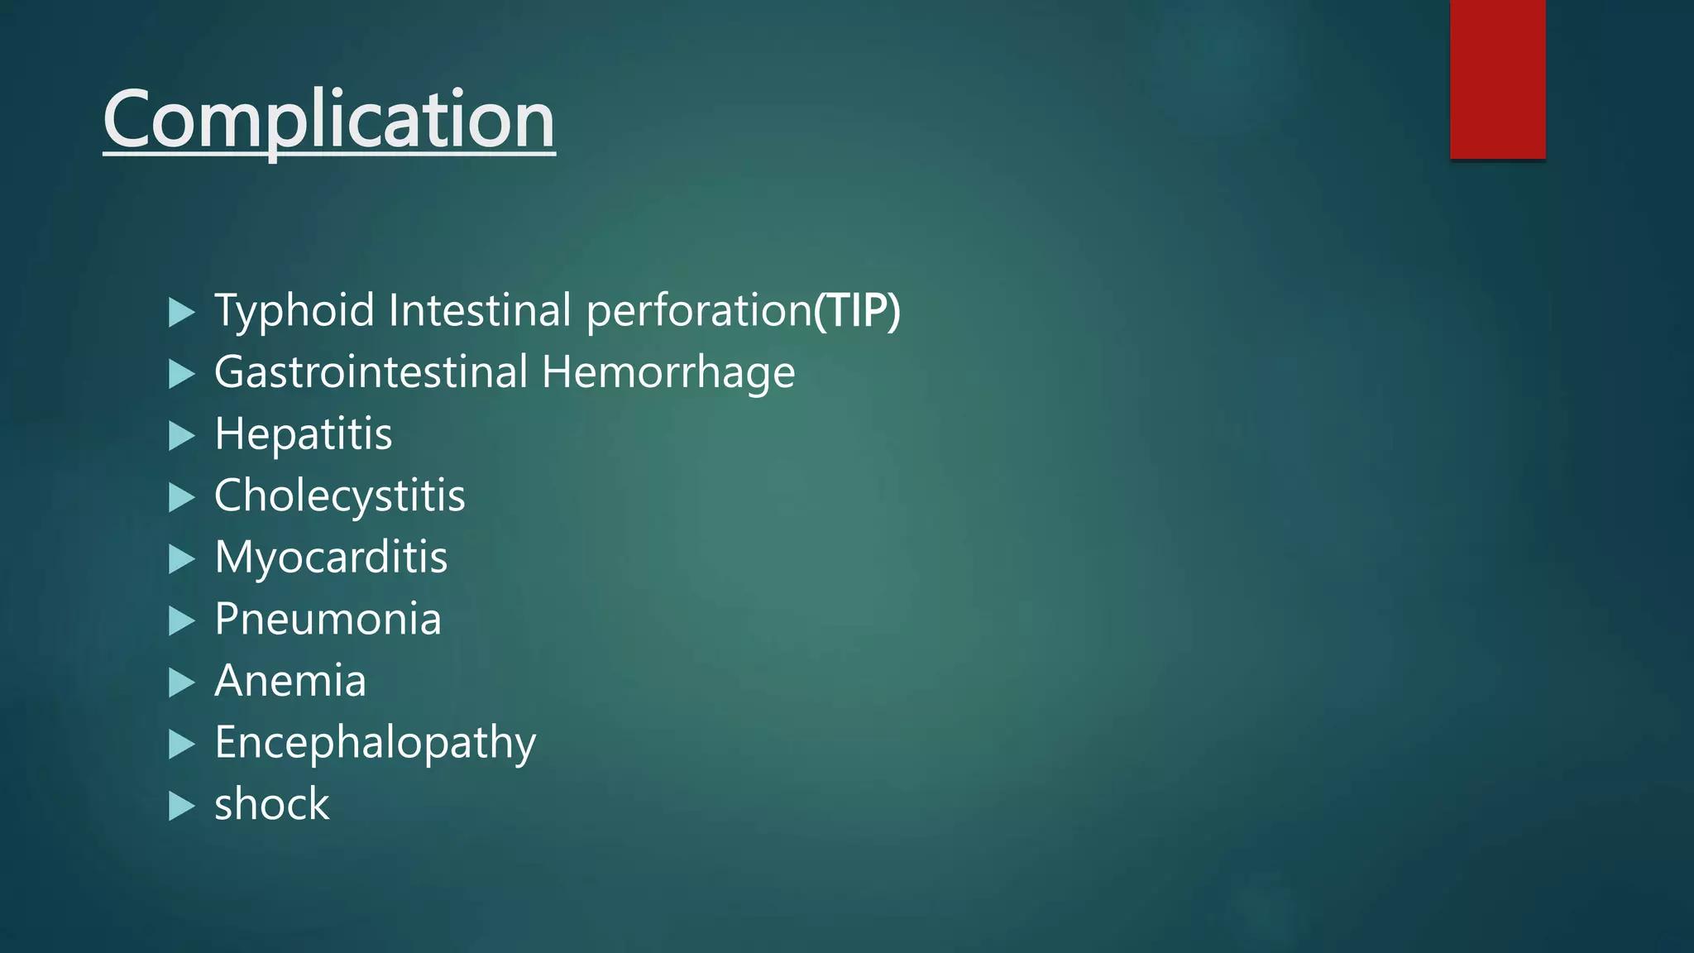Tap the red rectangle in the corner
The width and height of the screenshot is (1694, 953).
coord(1497,79)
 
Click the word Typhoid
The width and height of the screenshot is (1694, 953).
coord(294,310)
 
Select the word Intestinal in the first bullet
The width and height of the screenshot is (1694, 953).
coord(480,310)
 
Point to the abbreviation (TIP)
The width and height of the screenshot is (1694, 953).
coord(857,310)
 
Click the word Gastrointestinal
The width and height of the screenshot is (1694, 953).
coord(371,371)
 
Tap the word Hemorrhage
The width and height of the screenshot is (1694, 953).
coord(668,372)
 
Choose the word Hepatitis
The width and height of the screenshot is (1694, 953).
coord(304,433)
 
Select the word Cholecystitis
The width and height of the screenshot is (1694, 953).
coord(339,496)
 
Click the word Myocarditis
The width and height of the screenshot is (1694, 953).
coord(331,557)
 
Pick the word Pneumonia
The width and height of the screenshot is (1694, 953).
coord(328,619)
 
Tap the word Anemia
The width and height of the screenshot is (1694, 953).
coord(290,681)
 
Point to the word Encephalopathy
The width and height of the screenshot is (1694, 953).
coord(375,743)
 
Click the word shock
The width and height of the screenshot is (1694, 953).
coord(271,804)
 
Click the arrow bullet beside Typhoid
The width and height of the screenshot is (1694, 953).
coord(181,313)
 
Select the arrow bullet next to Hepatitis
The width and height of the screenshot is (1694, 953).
coord(181,436)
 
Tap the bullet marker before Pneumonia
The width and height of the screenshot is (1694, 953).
coord(181,621)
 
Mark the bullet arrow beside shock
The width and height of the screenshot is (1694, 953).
coord(181,807)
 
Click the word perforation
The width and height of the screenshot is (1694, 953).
coord(699,310)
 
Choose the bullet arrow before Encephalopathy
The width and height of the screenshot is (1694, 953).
coord(181,745)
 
